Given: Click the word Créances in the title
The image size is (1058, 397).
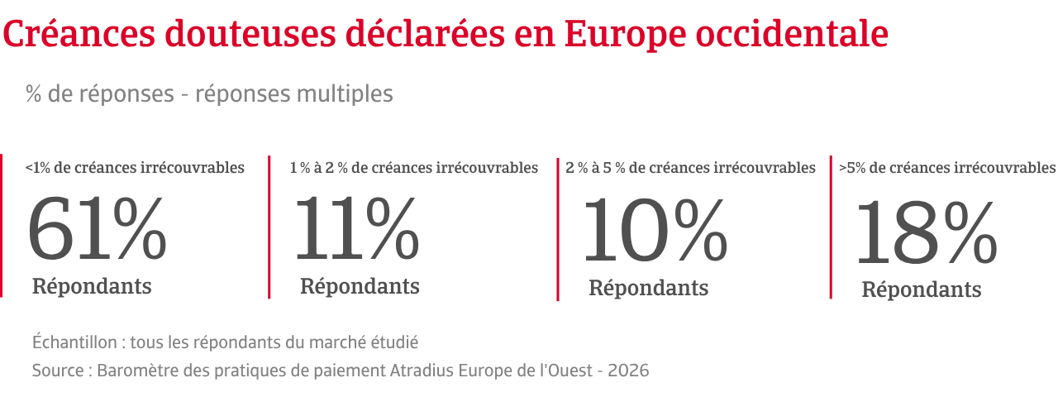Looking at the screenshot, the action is (x=79, y=34).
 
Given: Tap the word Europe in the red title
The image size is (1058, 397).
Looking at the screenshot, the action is (x=625, y=36).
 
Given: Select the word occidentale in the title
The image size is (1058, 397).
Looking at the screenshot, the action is (x=792, y=34).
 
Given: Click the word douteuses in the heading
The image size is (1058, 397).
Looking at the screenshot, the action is (x=250, y=34).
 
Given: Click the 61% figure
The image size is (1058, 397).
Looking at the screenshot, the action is (x=97, y=227).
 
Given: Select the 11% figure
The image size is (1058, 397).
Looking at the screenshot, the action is (x=357, y=227).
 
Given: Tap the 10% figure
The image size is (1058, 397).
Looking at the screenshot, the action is (x=655, y=230).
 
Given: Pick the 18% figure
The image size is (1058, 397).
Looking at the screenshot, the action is (x=927, y=232).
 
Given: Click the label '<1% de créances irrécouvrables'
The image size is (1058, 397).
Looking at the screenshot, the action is (x=135, y=168).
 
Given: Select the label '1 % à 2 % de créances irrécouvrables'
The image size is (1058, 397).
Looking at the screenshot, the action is (x=414, y=168).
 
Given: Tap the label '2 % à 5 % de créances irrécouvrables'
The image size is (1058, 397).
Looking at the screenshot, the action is (x=690, y=168).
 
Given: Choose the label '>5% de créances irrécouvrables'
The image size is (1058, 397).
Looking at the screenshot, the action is (x=947, y=168).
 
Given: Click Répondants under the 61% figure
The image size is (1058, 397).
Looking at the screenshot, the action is (x=92, y=286).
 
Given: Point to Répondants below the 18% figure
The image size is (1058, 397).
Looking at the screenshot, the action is (x=922, y=289).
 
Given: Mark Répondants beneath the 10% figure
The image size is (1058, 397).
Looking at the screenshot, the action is (x=649, y=288).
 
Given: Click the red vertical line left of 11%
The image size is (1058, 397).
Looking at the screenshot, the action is (x=269, y=227).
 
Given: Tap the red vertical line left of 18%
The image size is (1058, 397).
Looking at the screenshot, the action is (x=831, y=227).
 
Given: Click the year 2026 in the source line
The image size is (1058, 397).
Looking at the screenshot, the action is (x=628, y=371).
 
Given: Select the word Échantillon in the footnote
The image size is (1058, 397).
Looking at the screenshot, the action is (x=74, y=342).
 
